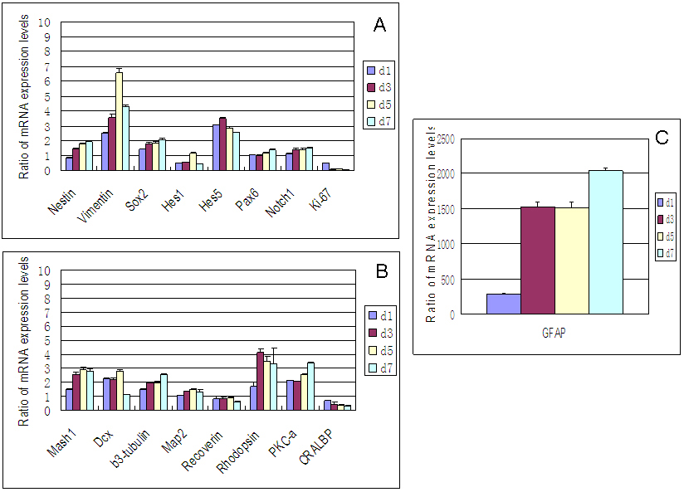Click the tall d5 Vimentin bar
(x=119, y=121)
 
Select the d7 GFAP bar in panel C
(x=605, y=242)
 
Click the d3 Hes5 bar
(x=222, y=144)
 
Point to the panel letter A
(x=379, y=26)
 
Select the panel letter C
(x=661, y=138)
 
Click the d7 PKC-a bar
(x=310, y=386)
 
